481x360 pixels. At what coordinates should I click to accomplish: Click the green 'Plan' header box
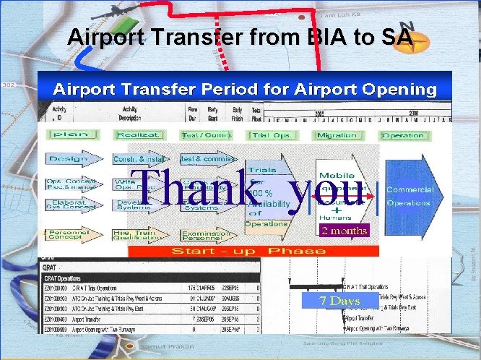pyautogui.click(x=69, y=135)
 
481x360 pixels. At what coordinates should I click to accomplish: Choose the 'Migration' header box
pyautogui.click(x=337, y=135)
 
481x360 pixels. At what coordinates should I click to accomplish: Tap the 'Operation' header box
pyautogui.click(x=403, y=135)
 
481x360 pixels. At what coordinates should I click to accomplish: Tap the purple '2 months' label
pyautogui.click(x=344, y=231)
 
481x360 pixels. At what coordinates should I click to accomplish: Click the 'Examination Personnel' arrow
pyautogui.click(x=205, y=235)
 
